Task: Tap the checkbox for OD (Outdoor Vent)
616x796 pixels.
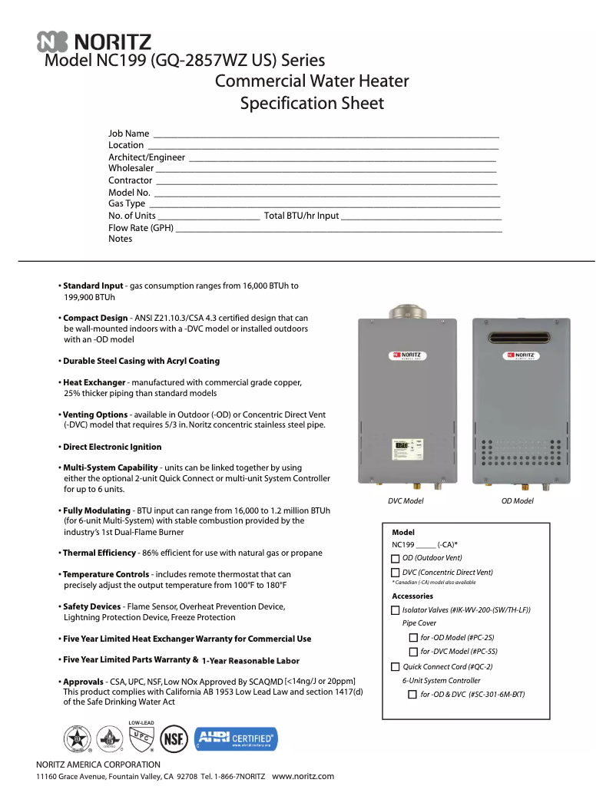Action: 396,558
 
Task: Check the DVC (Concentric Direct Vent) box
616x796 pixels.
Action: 396,573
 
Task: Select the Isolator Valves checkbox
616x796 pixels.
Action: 396,610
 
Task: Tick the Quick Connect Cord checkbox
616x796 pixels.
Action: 396,666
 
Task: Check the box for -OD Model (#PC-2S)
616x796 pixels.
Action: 413,638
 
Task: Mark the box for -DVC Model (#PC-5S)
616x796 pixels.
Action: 413,652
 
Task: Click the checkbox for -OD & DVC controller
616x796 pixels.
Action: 413,695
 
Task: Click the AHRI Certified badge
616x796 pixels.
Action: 236,740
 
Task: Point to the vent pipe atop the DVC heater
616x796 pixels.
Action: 402,311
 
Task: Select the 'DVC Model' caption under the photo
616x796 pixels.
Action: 406,501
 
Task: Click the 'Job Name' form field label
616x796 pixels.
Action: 129,134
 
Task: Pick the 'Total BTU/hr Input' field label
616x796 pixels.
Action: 301,216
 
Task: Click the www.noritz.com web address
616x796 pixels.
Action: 303,776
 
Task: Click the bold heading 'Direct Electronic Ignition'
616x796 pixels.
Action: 112,447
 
